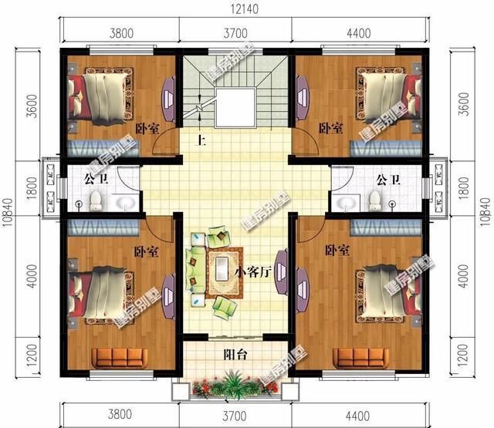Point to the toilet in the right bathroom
375,201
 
